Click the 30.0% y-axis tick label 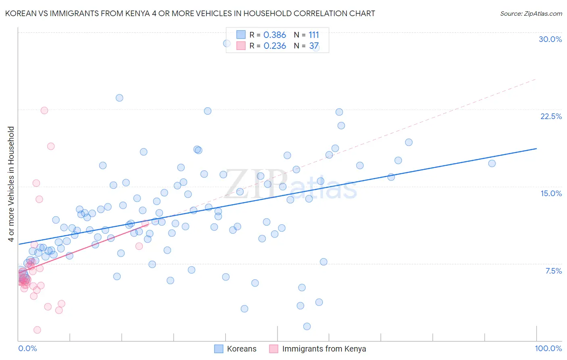[x=550, y=39]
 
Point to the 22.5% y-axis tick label [x=551, y=116]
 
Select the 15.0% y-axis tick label [x=551, y=193]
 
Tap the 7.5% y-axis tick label [x=553, y=271]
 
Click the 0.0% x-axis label [x=27, y=348]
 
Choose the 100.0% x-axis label [x=548, y=348]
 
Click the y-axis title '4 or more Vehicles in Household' [x=11, y=184]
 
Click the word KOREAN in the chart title [x=21, y=13]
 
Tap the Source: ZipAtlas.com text [x=531, y=13]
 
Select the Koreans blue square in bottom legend [x=219, y=349]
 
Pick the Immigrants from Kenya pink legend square [x=274, y=349]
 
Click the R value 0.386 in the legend [x=275, y=35]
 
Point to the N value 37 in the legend [x=314, y=46]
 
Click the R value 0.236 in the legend [x=275, y=46]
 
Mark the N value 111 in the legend [x=314, y=35]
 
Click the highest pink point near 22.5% [x=44, y=111]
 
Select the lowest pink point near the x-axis [x=37, y=330]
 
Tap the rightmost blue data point [x=492, y=163]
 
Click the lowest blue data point [x=307, y=326]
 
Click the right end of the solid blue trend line [x=536, y=149]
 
